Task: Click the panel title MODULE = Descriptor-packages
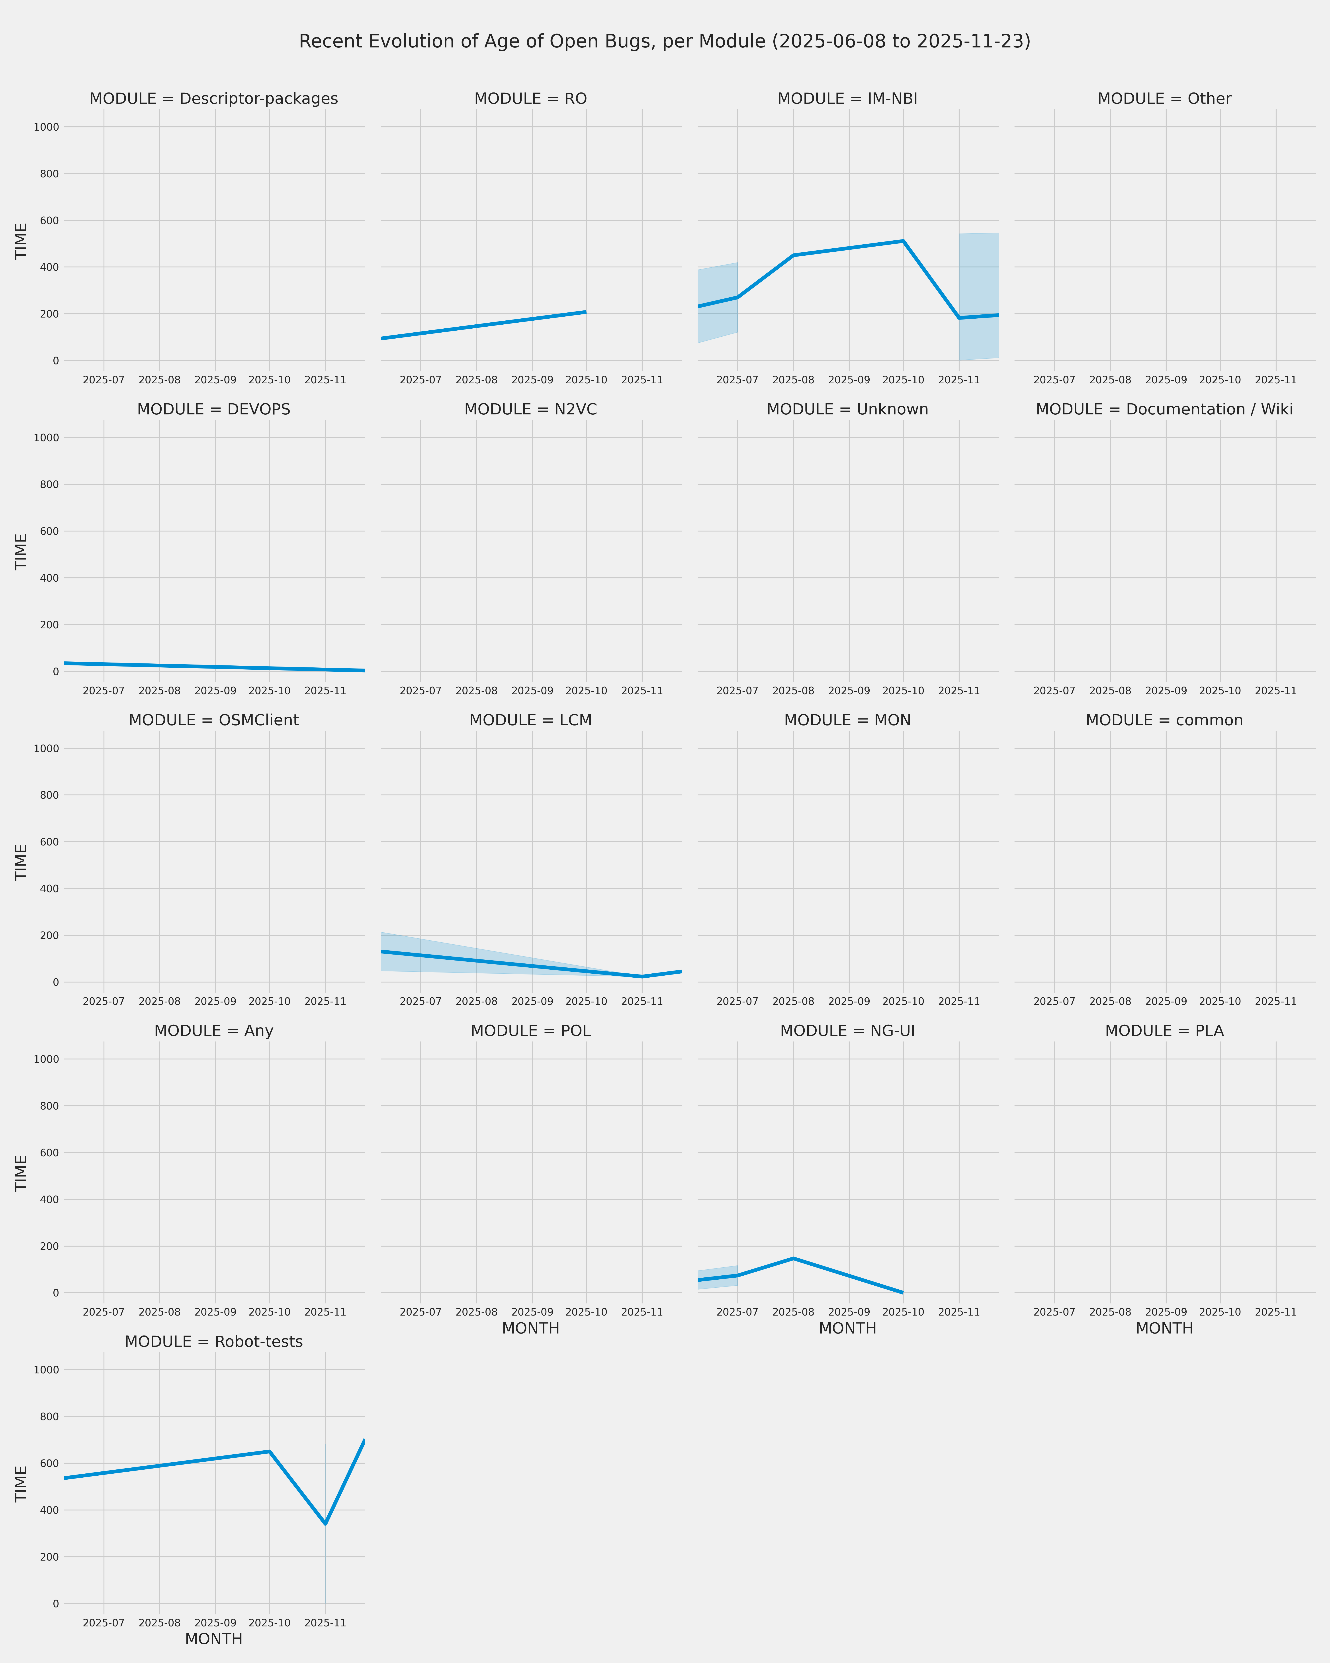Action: coord(213,99)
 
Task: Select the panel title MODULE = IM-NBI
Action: coord(847,99)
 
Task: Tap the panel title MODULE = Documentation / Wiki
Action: coord(1164,410)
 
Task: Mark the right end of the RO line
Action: coord(586,312)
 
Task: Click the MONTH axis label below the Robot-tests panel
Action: coord(213,1639)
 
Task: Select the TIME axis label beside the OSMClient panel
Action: coord(22,862)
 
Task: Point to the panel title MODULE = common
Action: coord(1164,720)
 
